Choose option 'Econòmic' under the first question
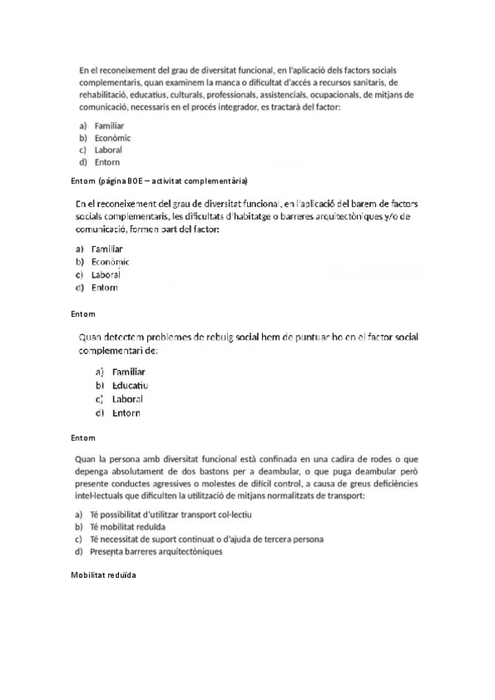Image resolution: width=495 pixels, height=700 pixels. (x=112, y=138)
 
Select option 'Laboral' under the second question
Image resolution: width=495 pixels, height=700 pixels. (x=107, y=274)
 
